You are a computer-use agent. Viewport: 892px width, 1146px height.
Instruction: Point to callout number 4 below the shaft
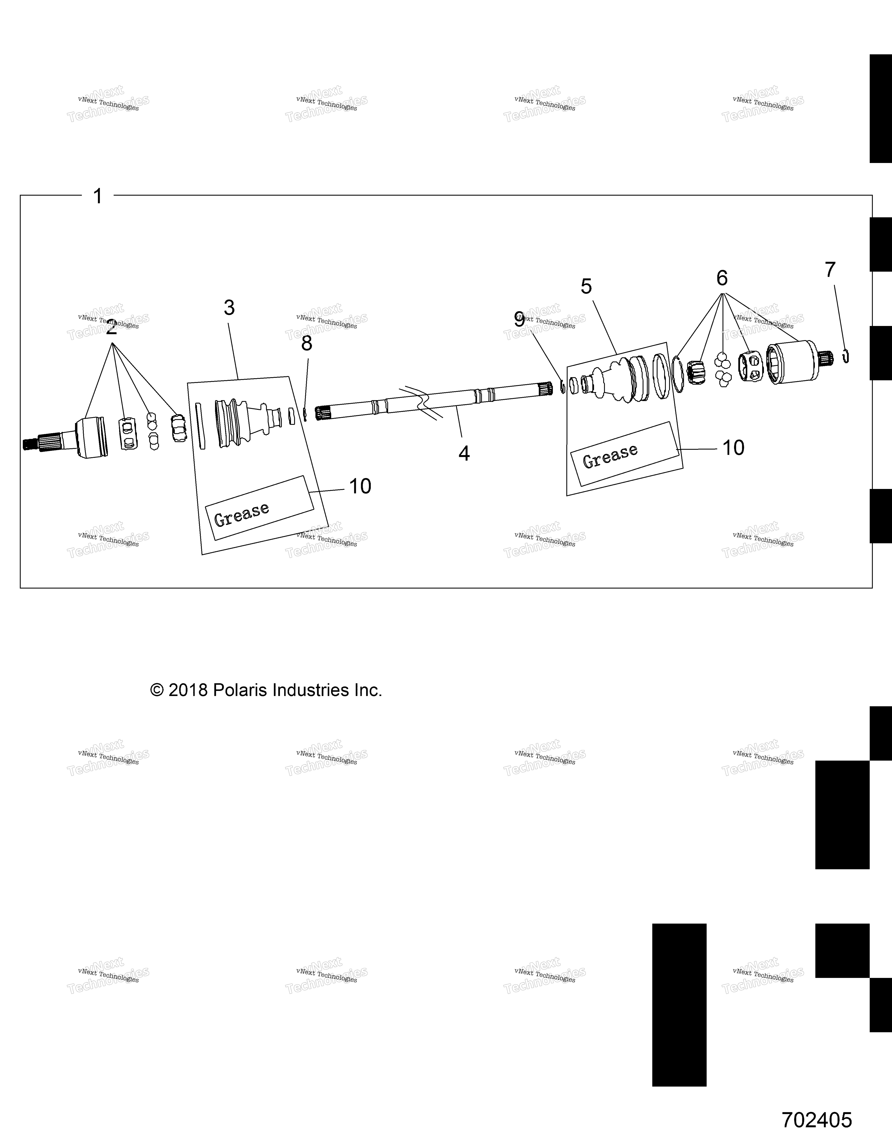point(464,453)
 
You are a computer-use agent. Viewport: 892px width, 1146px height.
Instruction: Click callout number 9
point(519,320)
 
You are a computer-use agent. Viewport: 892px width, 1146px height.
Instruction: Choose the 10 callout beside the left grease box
point(360,486)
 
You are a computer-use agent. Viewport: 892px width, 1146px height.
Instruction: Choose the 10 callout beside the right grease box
point(733,448)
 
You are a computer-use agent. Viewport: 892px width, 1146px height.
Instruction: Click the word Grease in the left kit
point(241,515)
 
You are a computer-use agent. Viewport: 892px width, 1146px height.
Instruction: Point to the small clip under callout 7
point(846,356)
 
